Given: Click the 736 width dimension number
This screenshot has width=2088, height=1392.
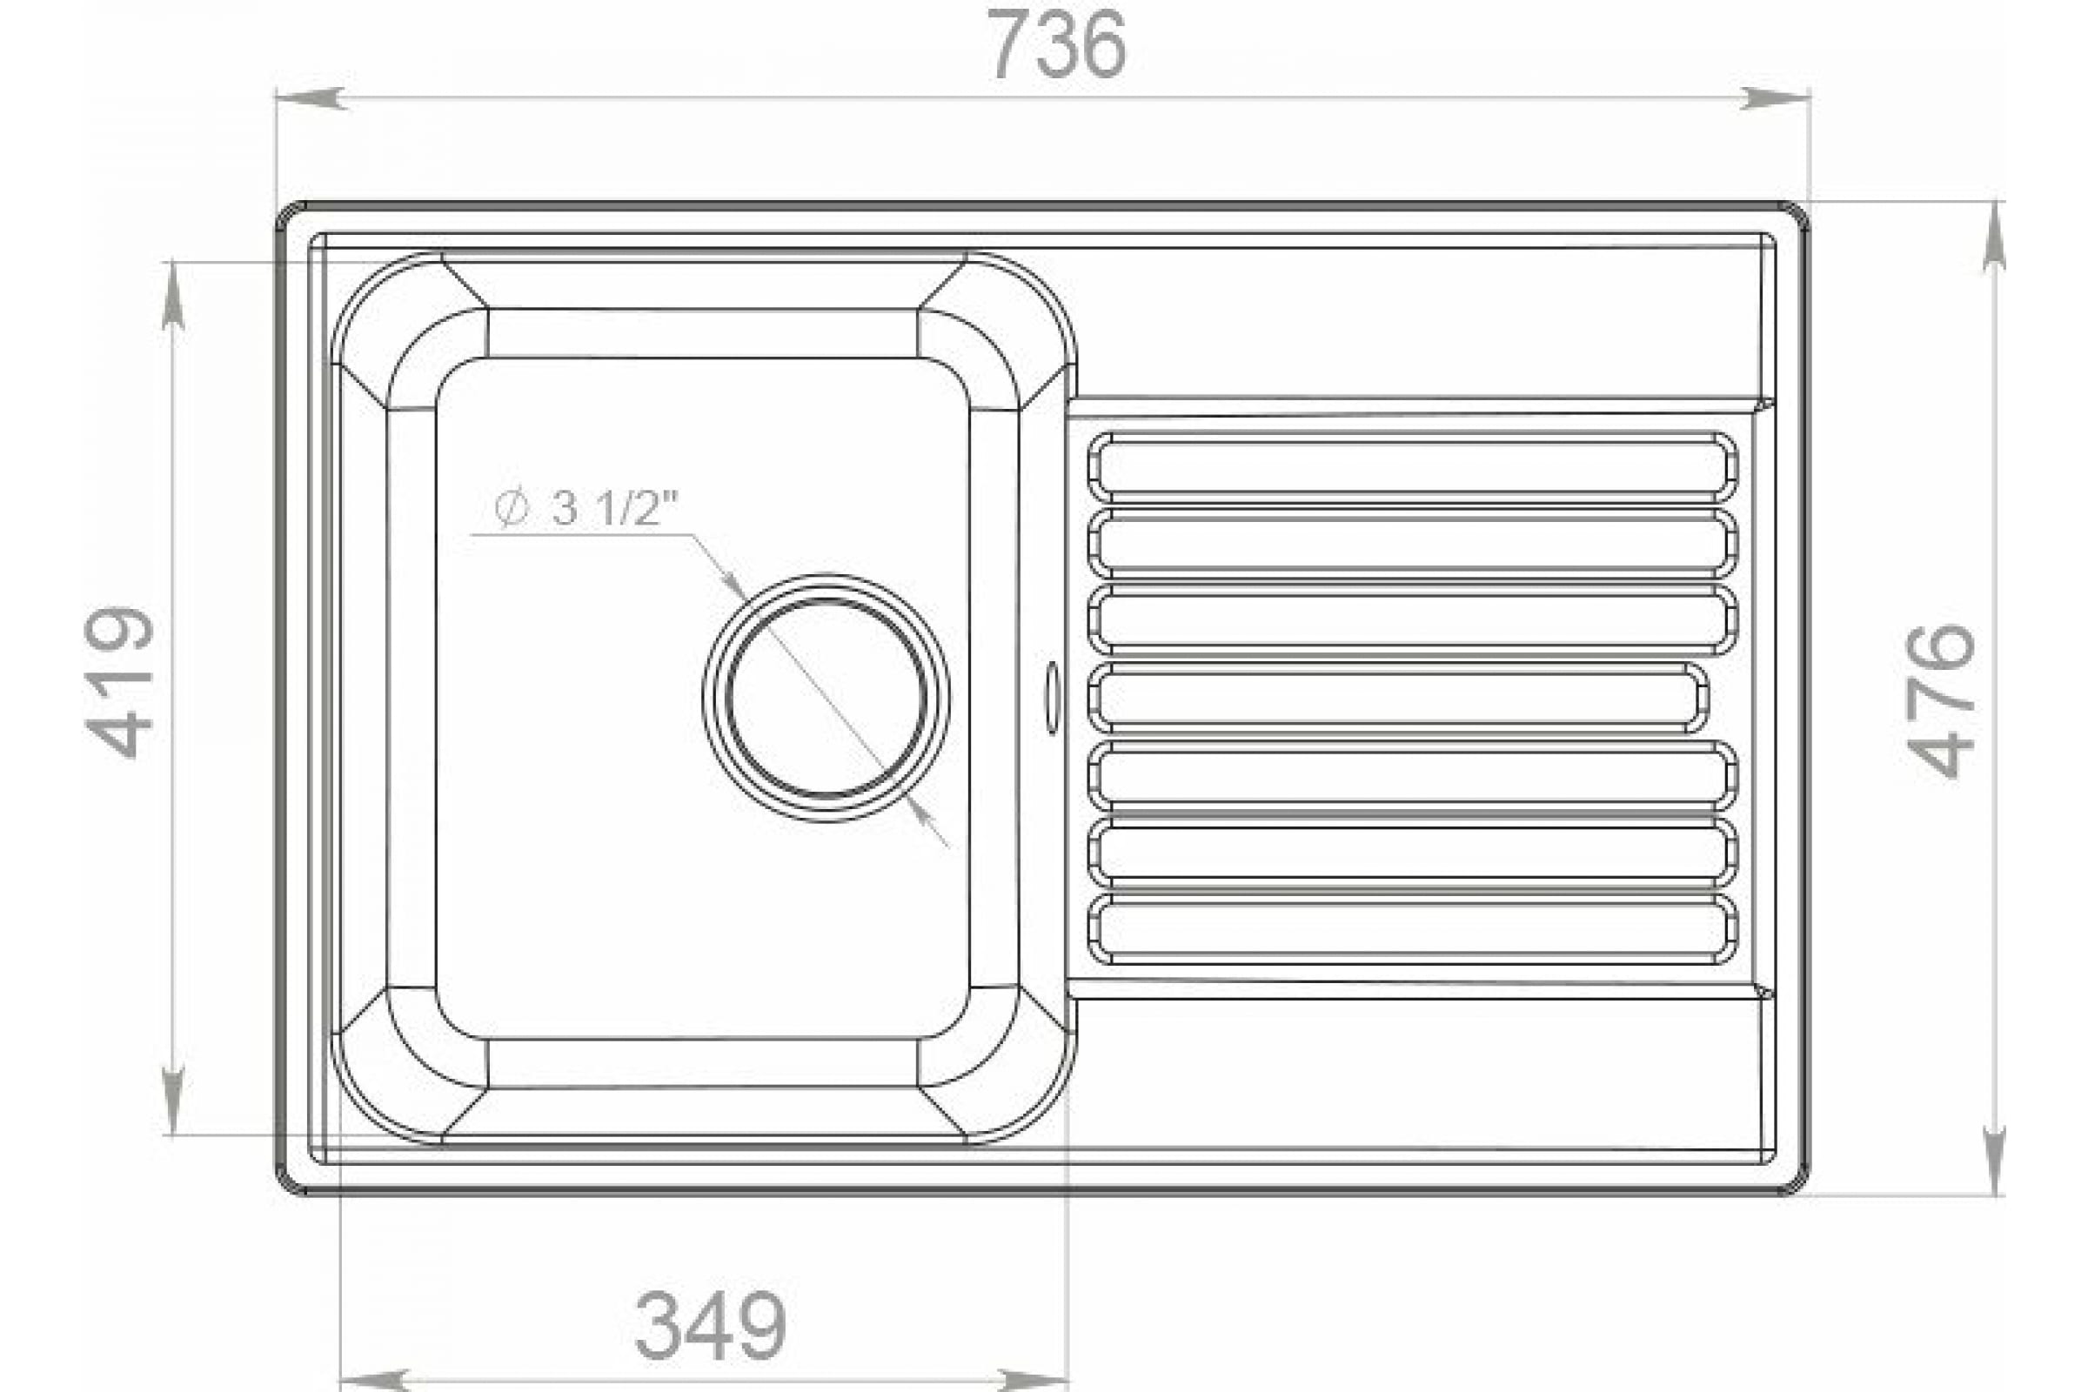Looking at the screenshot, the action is [1056, 44].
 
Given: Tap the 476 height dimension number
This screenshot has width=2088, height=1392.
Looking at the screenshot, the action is [1941, 701].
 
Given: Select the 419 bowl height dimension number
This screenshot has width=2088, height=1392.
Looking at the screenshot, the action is [118, 682].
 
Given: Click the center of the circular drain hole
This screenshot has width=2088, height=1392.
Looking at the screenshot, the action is [826, 697].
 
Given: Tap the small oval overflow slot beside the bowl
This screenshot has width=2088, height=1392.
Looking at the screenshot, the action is [1052, 698].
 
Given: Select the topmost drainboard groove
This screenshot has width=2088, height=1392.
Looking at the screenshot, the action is [1412, 467].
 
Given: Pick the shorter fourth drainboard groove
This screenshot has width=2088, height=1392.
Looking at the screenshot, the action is [1398, 698].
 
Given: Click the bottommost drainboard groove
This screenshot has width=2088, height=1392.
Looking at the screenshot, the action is [1412, 929].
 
